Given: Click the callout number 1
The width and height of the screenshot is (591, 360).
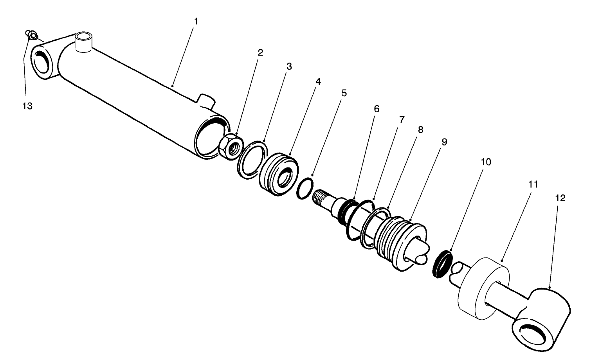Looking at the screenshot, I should (196, 21).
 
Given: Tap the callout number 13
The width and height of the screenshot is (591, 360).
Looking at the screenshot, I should (27, 106).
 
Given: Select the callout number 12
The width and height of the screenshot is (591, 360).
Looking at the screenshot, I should (560, 198).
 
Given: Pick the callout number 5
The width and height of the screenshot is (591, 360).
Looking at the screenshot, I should (344, 93).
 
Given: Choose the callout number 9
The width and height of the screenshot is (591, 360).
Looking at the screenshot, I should (444, 142).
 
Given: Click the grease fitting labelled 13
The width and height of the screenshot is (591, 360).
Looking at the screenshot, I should (31, 36).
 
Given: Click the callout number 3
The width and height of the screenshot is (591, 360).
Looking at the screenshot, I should (289, 66).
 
